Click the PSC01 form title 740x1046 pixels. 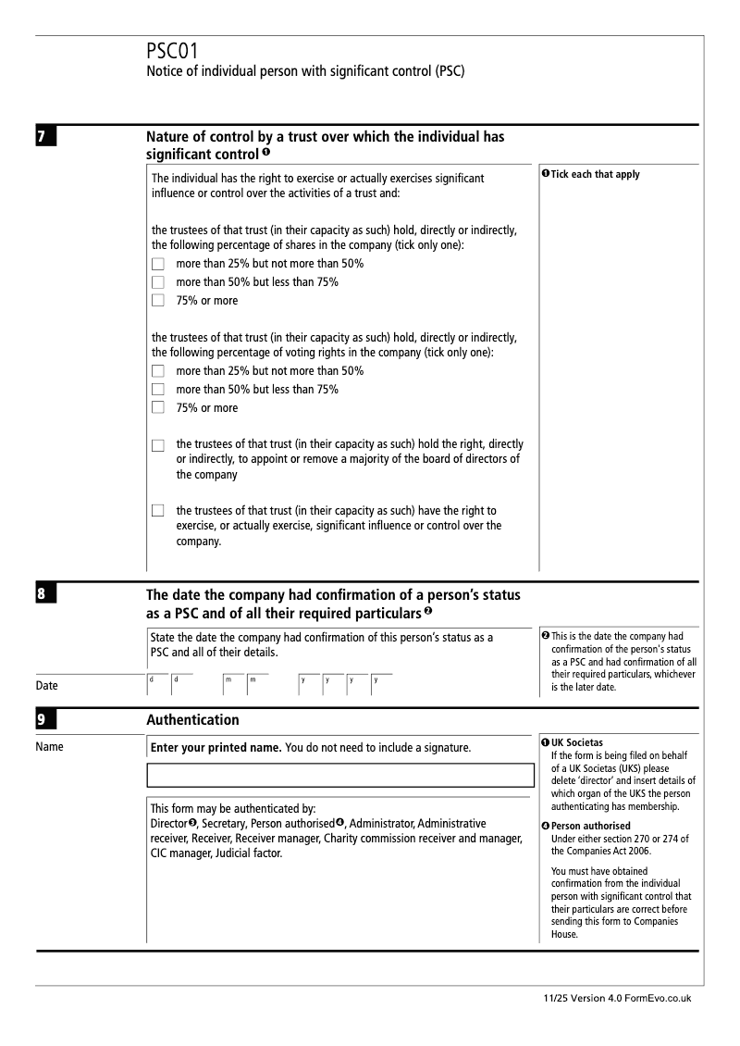point(172,52)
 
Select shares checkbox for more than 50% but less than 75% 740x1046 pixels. point(157,282)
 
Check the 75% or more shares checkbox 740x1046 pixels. point(157,300)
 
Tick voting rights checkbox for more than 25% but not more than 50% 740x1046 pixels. point(157,371)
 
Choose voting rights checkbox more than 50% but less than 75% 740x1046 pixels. point(157,390)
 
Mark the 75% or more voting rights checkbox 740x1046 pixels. point(157,407)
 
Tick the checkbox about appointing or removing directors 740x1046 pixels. point(157,446)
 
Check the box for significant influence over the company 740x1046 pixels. point(157,511)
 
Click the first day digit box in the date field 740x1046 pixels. point(157,685)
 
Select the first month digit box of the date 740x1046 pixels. point(232,685)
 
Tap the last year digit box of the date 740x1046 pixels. point(381,685)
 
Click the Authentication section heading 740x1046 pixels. point(192,719)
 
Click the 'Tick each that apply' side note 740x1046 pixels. point(591,175)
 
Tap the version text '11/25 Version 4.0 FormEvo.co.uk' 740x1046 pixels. point(618,999)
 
